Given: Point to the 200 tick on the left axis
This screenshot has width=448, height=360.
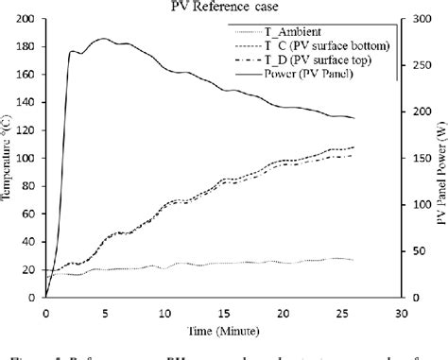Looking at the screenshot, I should point(27,20).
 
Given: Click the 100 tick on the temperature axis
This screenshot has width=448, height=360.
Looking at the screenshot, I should point(27,159).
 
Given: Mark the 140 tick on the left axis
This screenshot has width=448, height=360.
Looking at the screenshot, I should point(27,103).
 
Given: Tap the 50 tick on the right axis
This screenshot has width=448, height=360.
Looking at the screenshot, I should point(413,251).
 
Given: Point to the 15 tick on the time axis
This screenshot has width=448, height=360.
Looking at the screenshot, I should point(224,313).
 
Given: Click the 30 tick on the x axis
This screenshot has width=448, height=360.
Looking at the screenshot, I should point(403,313).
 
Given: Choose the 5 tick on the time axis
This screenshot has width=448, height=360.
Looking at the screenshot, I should point(104,313).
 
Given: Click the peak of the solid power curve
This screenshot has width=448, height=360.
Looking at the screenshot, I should point(102,39).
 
